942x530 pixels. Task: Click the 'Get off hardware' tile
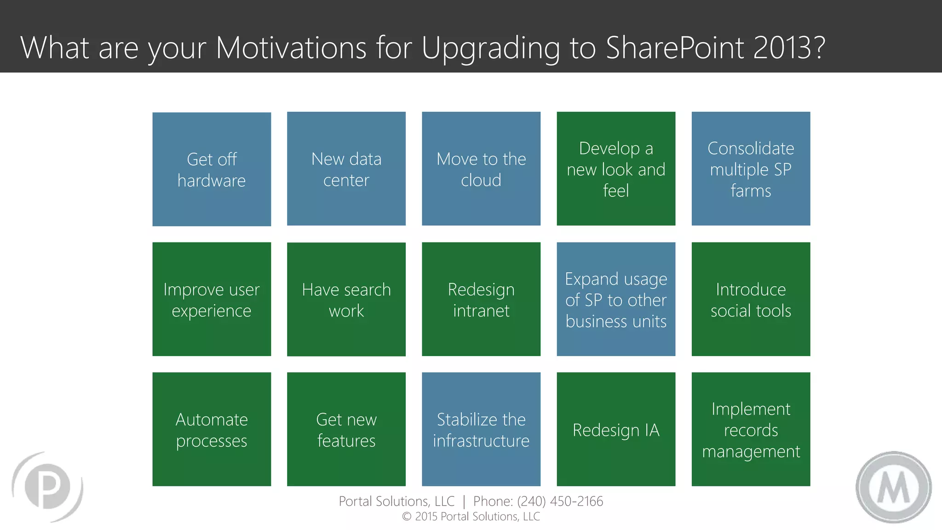coord(212,169)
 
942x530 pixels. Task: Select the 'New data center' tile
coord(346,169)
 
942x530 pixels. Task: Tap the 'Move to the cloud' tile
coord(481,169)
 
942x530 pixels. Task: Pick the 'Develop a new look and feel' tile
coord(616,169)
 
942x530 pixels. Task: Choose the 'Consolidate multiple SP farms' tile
coord(751,169)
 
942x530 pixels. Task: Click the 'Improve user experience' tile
coord(212,299)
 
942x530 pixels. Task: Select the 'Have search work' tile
coord(346,299)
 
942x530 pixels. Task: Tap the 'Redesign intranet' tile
coord(481,299)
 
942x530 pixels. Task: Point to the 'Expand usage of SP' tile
coord(616,299)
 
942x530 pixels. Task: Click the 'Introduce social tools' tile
coord(751,299)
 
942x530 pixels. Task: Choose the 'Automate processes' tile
coord(212,429)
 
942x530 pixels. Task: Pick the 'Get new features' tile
coord(346,429)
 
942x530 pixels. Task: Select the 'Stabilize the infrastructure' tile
coord(481,429)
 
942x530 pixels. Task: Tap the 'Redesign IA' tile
coord(616,429)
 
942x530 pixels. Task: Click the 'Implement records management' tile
coord(751,429)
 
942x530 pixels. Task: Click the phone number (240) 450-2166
coord(560,501)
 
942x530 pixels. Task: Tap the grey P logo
coord(47,487)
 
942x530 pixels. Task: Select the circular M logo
coord(893,487)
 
